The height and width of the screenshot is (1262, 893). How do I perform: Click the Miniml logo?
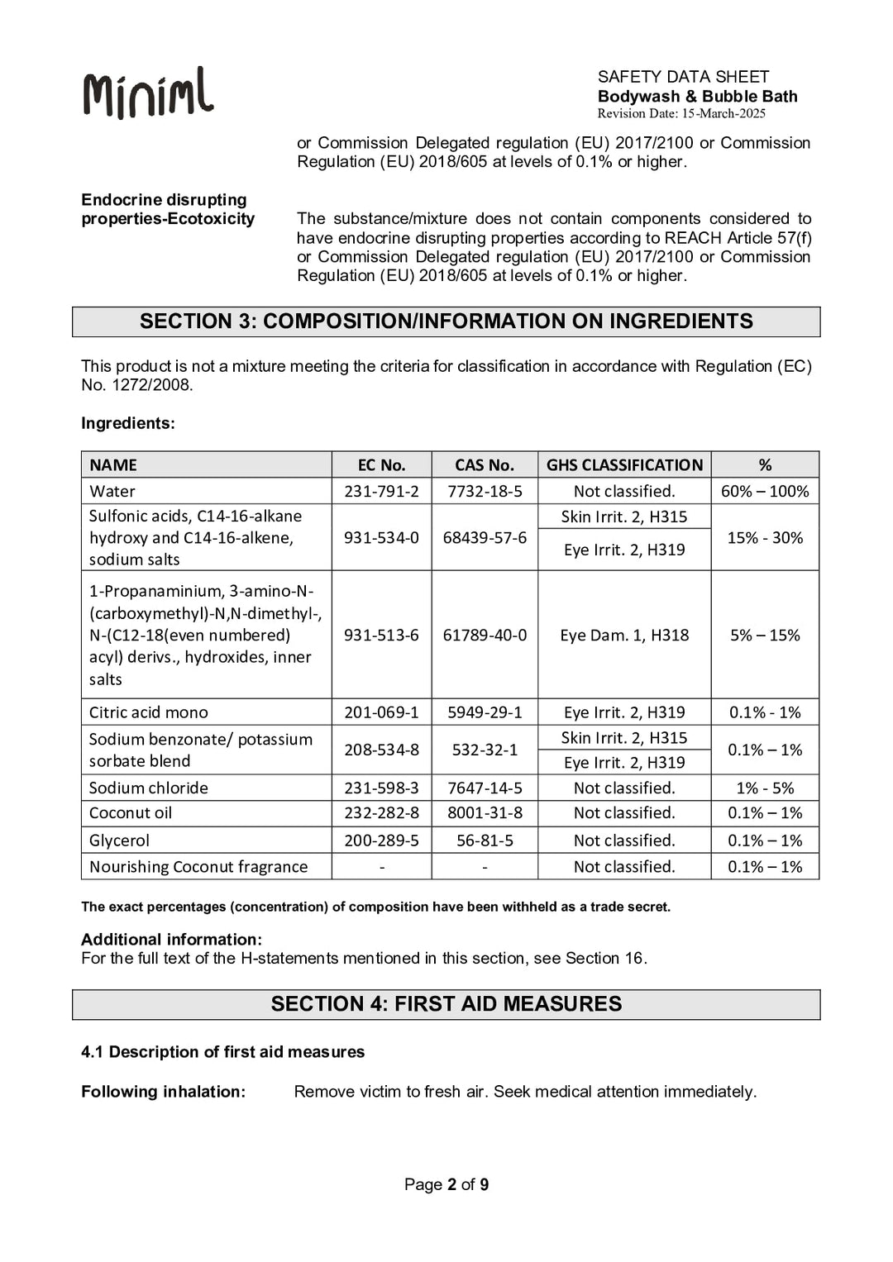coord(148,93)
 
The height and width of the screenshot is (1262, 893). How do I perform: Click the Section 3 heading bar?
coord(446,321)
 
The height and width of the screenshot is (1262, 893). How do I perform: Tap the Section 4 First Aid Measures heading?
coord(446,1004)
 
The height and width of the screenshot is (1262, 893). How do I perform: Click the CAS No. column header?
coord(484,465)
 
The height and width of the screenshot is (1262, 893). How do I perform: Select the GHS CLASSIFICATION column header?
coord(624,465)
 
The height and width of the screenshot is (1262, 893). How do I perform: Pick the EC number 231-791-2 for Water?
coord(381,492)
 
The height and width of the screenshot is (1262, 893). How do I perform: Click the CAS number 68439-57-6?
coord(484,538)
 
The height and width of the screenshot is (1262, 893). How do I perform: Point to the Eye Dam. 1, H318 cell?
coord(624,636)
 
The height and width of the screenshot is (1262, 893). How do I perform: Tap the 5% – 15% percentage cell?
coord(765,636)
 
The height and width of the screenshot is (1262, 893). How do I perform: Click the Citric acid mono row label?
coord(149,712)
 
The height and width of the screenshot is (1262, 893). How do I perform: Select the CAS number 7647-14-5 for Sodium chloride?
coord(484,788)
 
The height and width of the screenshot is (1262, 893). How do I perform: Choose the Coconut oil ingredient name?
coord(131,813)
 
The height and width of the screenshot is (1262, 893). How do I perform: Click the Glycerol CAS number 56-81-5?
coord(484,841)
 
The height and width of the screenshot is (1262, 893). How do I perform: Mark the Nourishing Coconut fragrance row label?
coord(198,867)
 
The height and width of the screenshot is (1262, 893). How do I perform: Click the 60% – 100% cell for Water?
coord(765,492)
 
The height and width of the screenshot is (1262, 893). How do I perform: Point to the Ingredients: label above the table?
coord(128,424)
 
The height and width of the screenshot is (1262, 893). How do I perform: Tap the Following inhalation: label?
coord(163,1092)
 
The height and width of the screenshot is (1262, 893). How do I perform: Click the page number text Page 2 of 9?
coord(446,1184)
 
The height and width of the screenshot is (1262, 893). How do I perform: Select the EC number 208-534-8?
coord(381,750)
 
